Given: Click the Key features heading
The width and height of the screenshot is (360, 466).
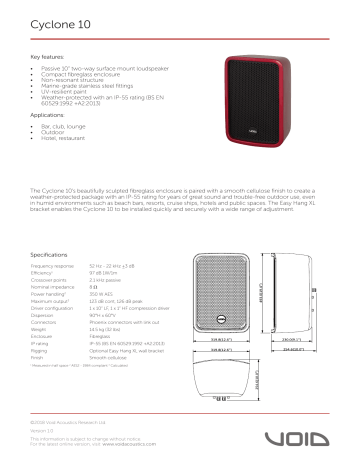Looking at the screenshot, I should pyautogui.click(x=49, y=58).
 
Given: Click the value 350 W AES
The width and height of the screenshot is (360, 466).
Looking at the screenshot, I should pyautogui.click(x=103, y=295).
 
